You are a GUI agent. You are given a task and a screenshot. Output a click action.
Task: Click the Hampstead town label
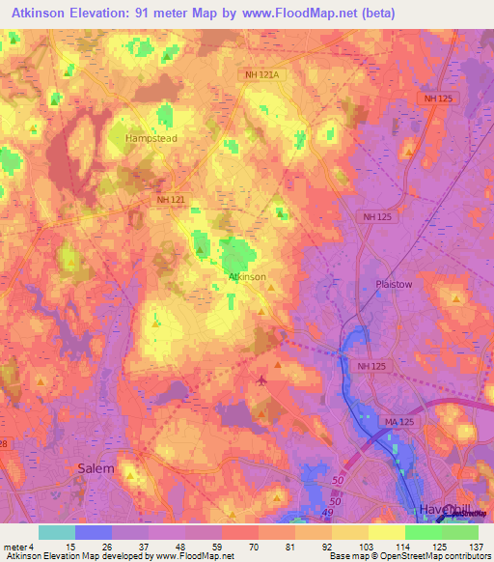click(x=152, y=138)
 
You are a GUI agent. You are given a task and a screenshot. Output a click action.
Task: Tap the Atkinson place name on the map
click(x=247, y=276)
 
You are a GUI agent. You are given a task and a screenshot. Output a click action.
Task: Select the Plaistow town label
click(x=393, y=285)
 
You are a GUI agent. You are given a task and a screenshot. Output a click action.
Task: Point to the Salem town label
click(x=95, y=467)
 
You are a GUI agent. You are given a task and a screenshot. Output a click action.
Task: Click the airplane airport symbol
click(x=261, y=379)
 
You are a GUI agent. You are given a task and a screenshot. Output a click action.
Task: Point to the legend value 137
click(x=476, y=547)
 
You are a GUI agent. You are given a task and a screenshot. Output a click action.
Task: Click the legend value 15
click(x=70, y=547)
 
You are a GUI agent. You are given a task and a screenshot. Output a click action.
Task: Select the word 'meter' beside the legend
click(x=14, y=547)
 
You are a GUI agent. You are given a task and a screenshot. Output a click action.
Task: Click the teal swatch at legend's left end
click(x=57, y=531)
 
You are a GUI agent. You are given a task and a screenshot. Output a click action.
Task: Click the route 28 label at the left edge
click(x=5, y=442)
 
